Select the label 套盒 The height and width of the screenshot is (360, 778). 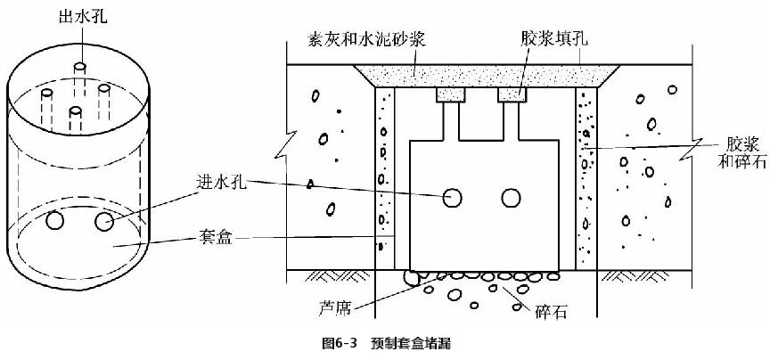(x=222, y=238)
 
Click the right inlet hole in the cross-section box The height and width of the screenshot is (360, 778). (x=510, y=198)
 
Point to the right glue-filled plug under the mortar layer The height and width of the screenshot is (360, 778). (x=512, y=94)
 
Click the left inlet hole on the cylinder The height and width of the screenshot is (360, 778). (x=57, y=219)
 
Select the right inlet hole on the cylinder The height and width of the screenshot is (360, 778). (x=105, y=221)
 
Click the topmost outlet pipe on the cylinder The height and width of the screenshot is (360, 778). (x=79, y=66)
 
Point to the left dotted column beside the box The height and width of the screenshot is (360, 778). (x=384, y=178)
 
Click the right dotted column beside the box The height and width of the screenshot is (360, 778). (x=585, y=178)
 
